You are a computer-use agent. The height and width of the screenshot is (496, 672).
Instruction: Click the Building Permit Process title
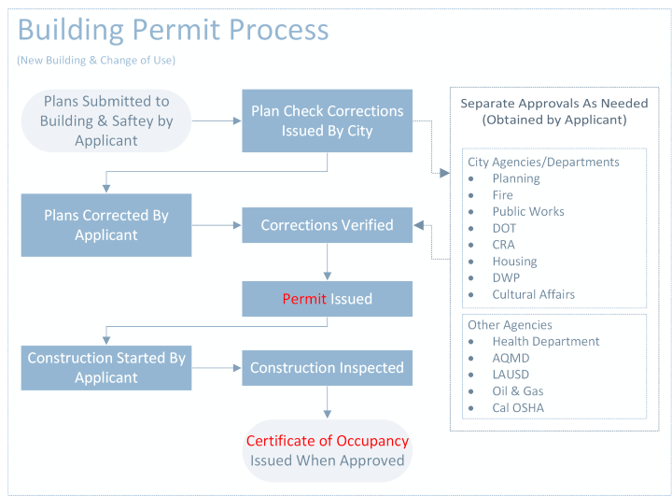(x=173, y=30)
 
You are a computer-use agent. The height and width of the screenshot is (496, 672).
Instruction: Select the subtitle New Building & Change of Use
(x=96, y=61)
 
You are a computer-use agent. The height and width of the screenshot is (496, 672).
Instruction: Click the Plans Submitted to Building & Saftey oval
(x=105, y=120)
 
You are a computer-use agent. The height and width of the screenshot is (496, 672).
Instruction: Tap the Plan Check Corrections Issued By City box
(x=327, y=120)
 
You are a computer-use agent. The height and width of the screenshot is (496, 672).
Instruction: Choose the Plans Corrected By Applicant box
(x=106, y=225)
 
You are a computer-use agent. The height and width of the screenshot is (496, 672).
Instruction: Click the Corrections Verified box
(x=327, y=225)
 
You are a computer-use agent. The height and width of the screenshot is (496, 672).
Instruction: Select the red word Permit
(x=302, y=299)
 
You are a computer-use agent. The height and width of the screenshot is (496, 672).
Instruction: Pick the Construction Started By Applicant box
(x=106, y=367)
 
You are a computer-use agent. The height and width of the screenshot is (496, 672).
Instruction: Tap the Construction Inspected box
(x=327, y=368)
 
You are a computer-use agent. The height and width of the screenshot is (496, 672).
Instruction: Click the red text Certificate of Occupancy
(x=327, y=441)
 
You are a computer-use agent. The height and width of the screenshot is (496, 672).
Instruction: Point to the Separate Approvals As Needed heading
(x=553, y=111)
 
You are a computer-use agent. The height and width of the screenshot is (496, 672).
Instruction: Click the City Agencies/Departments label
(x=543, y=162)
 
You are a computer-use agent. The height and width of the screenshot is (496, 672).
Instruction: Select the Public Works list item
(x=528, y=211)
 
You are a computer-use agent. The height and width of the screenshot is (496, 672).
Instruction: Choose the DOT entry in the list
(x=504, y=228)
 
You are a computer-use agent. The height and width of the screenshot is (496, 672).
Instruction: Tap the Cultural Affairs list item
(x=533, y=294)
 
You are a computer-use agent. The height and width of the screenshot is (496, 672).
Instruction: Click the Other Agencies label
(x=510, y=325)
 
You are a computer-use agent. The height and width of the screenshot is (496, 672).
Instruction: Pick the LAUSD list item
(x=511, y=375)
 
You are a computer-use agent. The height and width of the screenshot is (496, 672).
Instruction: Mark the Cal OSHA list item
(x=518, y=407)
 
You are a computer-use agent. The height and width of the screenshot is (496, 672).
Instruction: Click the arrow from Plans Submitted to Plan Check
(x=217, y=120)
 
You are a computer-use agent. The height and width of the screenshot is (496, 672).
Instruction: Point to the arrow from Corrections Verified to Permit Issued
(x=327, y=262)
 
